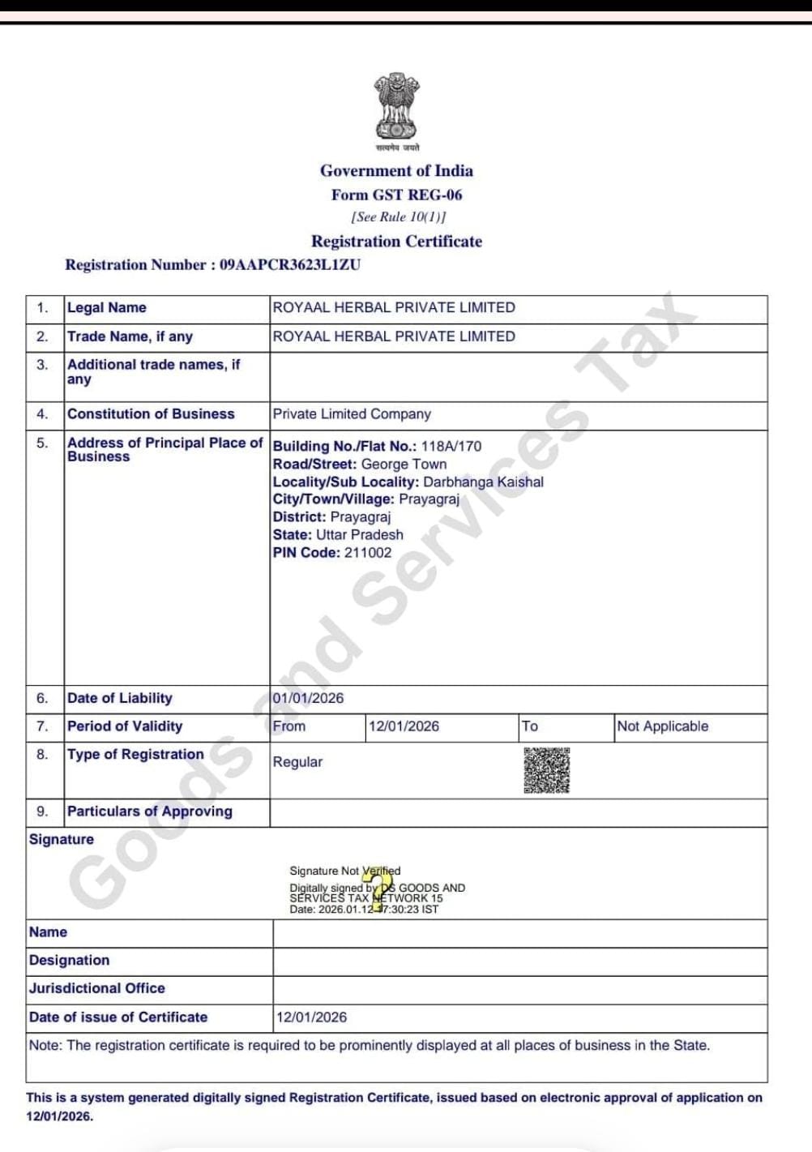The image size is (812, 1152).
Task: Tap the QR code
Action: click(x=546, y=770)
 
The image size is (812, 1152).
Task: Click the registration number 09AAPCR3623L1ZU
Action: click(x=290, y=265)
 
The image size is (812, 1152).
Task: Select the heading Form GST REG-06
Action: click(x=396, y=195)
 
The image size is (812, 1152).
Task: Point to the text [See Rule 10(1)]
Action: click(x=398, y=216)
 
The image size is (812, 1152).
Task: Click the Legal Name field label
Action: click(x=107, y=308)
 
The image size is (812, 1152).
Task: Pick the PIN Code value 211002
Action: click(x=368, y=553)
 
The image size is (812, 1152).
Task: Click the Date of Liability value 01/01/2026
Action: click(x=308, y=698)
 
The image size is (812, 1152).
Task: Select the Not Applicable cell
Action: click(x=662, y=726)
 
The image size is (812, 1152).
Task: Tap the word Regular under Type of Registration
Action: click(x=297, y=762)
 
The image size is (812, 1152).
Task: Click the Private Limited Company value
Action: click(x=352, y=414)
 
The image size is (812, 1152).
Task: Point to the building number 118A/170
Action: click(x=451, y=447)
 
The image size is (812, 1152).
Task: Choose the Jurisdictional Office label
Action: click(x=96, y=988)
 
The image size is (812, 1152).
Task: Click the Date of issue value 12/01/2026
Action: click(x=311, y=1017)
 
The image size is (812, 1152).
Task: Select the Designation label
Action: click(x=69, y=961)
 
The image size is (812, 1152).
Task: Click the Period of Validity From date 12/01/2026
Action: click(x=404, y=726)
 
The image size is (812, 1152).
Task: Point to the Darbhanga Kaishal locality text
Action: click(x=483, y=482)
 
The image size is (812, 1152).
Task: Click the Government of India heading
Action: click(x=396, y=171)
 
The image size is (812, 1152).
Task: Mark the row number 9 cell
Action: click(x=42, y=812)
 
